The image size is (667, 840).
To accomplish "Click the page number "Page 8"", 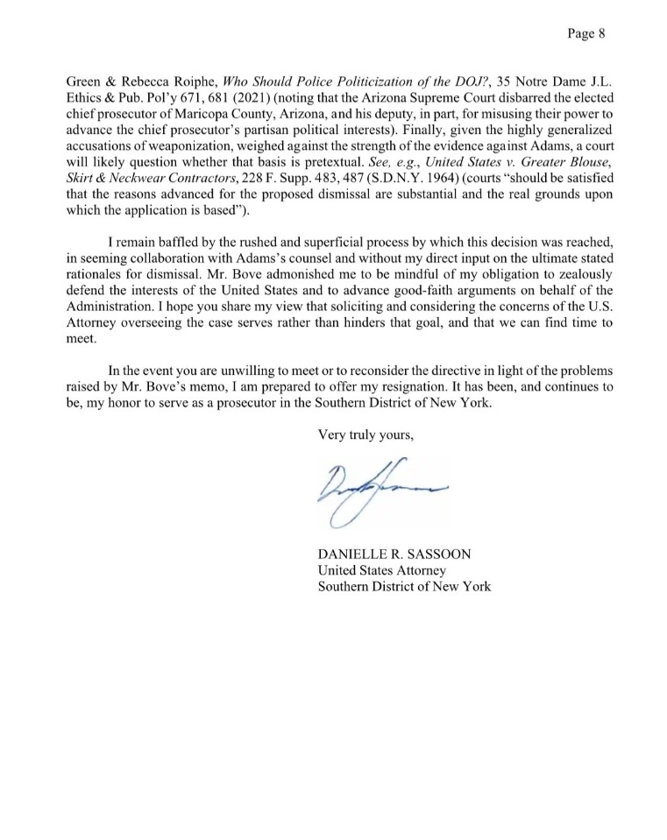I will pos(587,34).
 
